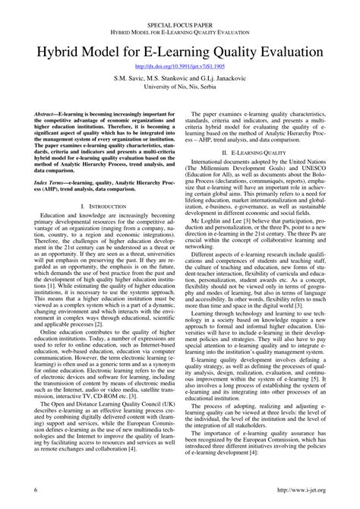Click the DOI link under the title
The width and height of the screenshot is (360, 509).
point(180,66)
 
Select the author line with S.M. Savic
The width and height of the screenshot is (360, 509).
point(180,78)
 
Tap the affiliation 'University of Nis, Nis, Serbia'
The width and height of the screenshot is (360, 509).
point(180,88)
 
